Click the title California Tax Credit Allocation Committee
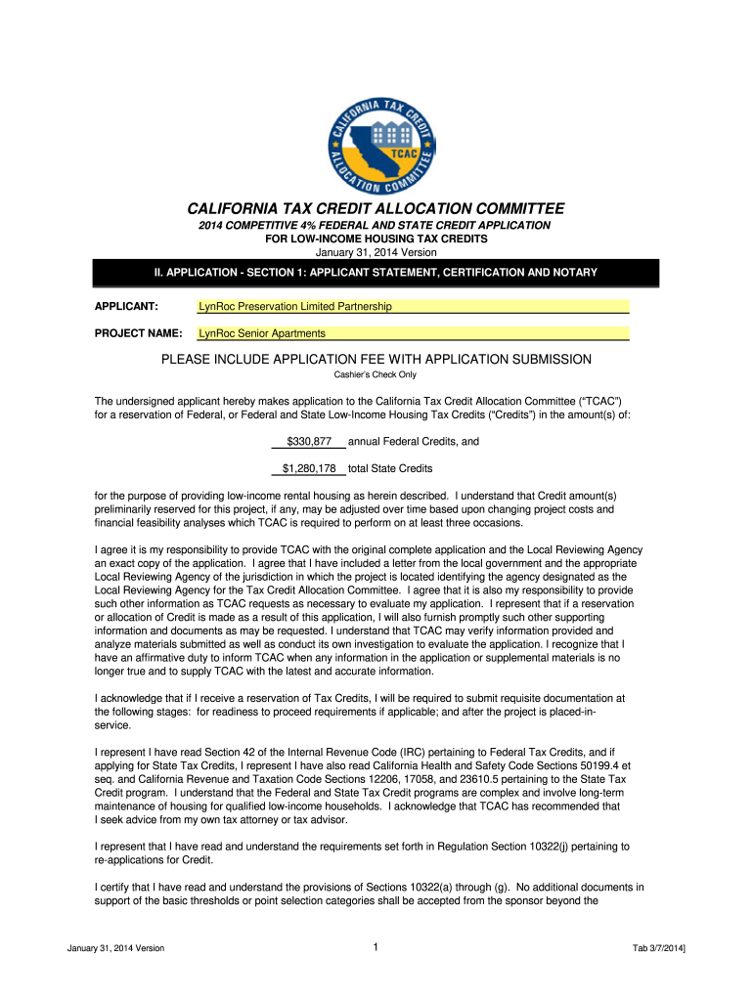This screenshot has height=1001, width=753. pos(376,209)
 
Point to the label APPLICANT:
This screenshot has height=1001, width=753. pos(127,307)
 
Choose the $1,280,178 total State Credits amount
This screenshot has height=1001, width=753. pos(309,469)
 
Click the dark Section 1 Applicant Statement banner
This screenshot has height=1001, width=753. pos(376,272)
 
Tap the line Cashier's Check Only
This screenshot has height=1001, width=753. pos(376,374)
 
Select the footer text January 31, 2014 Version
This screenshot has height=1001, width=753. pos(116,949)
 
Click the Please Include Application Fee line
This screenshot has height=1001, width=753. pos(376,359)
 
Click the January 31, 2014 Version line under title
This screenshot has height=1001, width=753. pos(376,252)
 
